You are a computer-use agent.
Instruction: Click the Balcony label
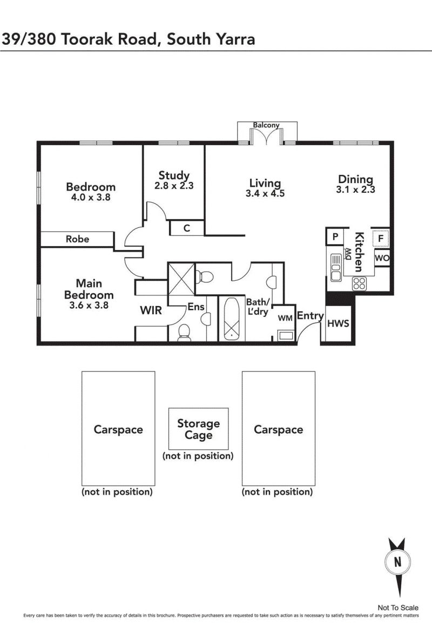pyautogui.click(x=266, y=125)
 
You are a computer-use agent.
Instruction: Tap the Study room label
pyautogui.click(x=174, y=175)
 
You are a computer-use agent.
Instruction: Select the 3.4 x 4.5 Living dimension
pyautogui.click(x=265, y=193)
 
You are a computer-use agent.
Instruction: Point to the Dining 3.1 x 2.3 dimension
pyautogui.click(x=355, y=189)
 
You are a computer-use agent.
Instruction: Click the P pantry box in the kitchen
pyautogui.click(x=335, y=237)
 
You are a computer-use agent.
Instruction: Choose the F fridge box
pyautogui.click(x=381, y=239)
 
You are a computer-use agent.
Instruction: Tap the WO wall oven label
pyautogui.click(x=382, y=258)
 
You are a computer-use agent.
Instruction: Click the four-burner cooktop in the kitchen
pyautogui.click(x=359, y=283)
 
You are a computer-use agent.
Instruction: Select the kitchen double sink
pyautogui.click(x=336, y=267)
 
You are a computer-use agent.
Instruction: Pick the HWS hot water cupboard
pyautogui.click(x=338, y=323)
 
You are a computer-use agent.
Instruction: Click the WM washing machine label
pyautogui.click(x=285, y=319)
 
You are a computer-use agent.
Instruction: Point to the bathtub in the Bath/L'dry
pyautogui.click(x=231, y=319)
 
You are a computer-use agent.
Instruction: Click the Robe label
pyautogui.click(x=78, y=239)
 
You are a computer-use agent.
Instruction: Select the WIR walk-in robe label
pyautogui.click(x=151, y=310)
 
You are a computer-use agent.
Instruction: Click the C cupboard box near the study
pyautogui.click(x=187, y=228)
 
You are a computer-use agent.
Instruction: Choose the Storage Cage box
pyautogui.click(x=198, y=429)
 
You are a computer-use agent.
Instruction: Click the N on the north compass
pyautogui.click(x=397, y=562)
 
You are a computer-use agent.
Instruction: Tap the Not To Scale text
pyautogui.click(x=398, y=607)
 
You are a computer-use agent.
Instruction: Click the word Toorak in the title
pyautogui.click(x=83, y=39)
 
